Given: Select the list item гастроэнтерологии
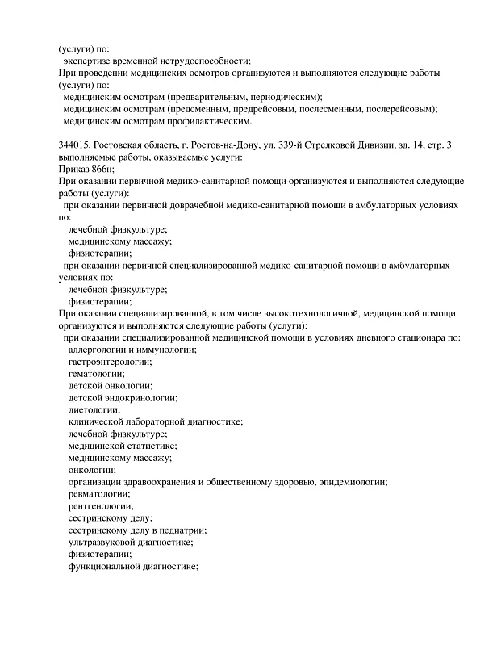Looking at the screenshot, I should pyautogui.click(x=108, y=362).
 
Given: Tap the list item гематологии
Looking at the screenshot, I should pyautogui.click(x=96, y=374).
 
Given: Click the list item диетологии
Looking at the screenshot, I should pyautogui.click(x=94, y=410).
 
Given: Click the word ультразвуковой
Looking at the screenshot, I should pyautogui.click(x=104, y=543).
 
